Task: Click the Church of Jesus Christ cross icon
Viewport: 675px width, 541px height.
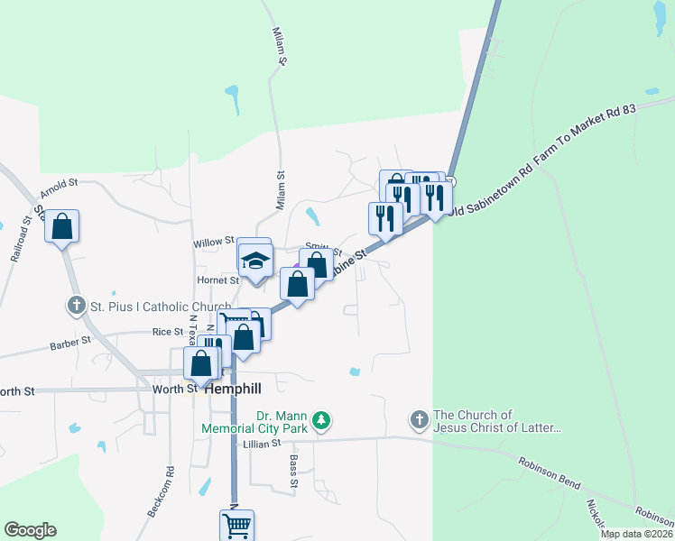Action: pyautogui.click(x=419, y=420)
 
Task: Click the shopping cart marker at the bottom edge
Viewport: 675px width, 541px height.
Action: pyautogui.click(x=236, y=524)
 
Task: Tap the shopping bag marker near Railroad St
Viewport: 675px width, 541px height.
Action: pyautogui.click(x=62, y=225)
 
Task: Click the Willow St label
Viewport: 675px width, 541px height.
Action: pyautogui.click(x=213, y=243)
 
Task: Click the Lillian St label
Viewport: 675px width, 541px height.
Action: pyautogui.click(x=262, y=444)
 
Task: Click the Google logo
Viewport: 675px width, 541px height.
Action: pyautogui.click(x=30, y=530)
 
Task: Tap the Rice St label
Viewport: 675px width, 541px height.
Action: pyautogui.click(x=168, y=332)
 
